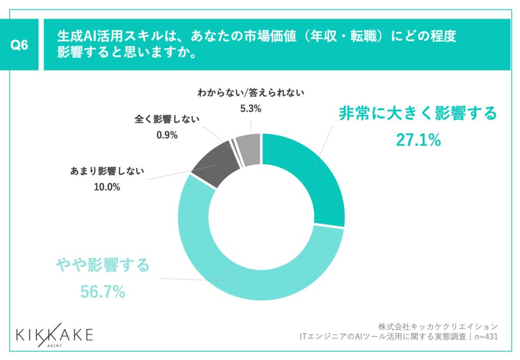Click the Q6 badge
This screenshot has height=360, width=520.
pyautogui.click(x=19, y=45)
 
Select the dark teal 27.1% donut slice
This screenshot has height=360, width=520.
pyautogui.click(x=310, y=173)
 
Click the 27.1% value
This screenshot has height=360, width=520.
pyautogui.click(x=418, y=140)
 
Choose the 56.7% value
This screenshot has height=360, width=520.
pyautogui.click(x=103, y=291)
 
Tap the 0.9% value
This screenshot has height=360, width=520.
pyautogui.click(x=167, y=135)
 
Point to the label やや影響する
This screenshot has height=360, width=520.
pyautogui.click(x=103, y=265)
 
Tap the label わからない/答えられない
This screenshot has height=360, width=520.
pyautogui.click(x=250, y=93)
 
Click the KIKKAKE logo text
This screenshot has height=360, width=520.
pyautogui.click(x=54, y=335)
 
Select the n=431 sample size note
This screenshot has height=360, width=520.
pyautogui.click(x=485, y=336)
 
